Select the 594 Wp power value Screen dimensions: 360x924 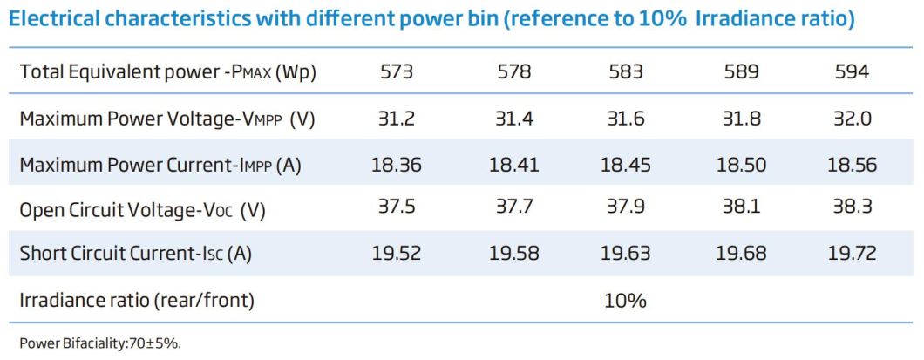851,72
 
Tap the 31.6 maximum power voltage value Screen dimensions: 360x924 626,119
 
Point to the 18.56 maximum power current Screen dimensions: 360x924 851,165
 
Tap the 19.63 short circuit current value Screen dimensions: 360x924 626,255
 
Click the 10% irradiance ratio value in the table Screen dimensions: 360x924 626,301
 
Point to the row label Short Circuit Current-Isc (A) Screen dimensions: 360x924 135,255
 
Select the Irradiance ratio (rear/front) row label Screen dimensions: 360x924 137,301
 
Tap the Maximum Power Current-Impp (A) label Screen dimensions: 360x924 160,165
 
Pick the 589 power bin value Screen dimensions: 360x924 738,72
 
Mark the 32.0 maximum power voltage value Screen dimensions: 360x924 851,119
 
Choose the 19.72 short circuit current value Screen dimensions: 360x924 851,255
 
